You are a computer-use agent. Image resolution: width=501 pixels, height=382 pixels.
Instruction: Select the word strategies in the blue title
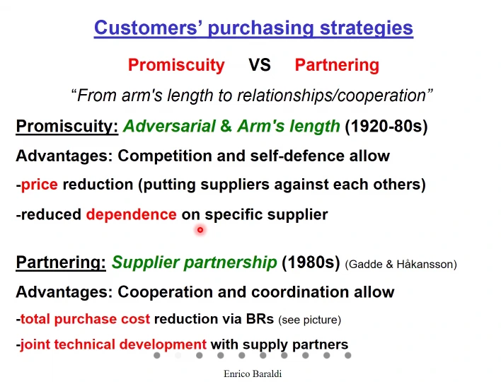pos(366,29)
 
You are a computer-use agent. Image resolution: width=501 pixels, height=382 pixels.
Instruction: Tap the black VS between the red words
pos(260,65)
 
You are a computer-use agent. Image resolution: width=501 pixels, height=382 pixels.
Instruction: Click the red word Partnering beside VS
pos(337,66)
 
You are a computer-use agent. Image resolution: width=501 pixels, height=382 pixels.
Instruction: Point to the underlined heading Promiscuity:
pos(67,126)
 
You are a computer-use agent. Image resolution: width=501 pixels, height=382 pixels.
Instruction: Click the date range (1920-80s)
pos(386,126)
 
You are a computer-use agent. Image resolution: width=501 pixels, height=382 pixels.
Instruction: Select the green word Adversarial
pos(169,126)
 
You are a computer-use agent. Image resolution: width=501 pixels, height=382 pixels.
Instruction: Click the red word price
pos(40,185)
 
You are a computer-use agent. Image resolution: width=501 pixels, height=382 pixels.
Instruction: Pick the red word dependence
pos(132,214)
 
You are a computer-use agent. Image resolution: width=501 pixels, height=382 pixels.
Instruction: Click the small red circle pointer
pos(200,230)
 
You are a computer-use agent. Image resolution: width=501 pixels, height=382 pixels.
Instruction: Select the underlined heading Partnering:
pos(61,262)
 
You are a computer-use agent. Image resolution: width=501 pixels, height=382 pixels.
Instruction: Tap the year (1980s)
pos(311,262)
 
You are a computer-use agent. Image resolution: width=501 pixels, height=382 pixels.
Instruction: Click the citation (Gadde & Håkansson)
pos(401,265)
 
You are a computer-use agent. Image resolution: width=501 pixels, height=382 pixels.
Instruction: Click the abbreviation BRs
pos(260,319)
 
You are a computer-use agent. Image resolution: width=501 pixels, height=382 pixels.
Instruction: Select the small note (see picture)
pos(310,320)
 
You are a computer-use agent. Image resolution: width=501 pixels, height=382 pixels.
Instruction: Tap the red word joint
pos(35,345)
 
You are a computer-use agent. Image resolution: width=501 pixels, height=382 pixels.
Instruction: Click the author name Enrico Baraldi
pos(253,374)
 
